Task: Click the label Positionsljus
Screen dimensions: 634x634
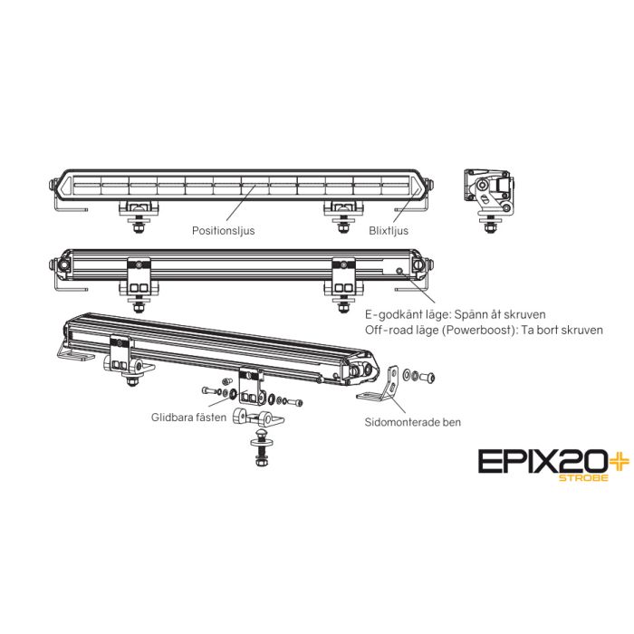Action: click(223, 231)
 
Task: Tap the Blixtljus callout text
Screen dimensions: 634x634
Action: click(389, 231)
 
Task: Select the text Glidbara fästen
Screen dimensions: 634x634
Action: click(188, 418)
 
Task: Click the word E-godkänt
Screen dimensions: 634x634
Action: click(390, 313)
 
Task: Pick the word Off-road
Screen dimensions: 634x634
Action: click(386, 330)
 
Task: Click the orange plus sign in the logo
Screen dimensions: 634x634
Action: click(592, 460)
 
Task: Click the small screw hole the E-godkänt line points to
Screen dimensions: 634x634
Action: click(398, 270)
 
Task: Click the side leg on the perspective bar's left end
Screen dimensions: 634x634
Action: click(72, 352)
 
